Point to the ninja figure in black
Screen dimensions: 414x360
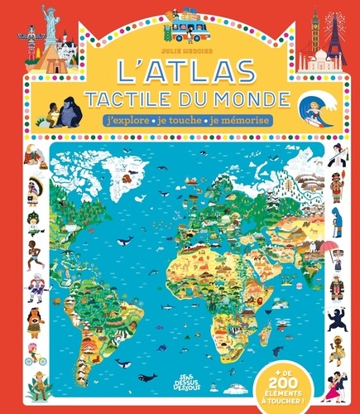[338, 322]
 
